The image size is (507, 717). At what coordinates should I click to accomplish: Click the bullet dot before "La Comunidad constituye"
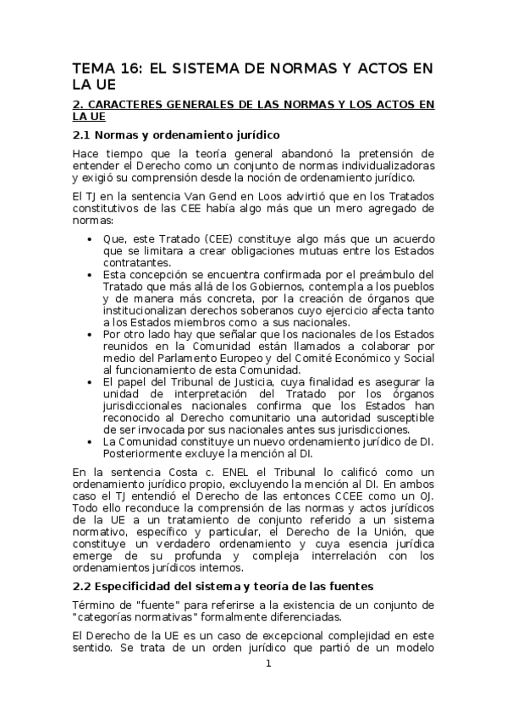tap(91, 441)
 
